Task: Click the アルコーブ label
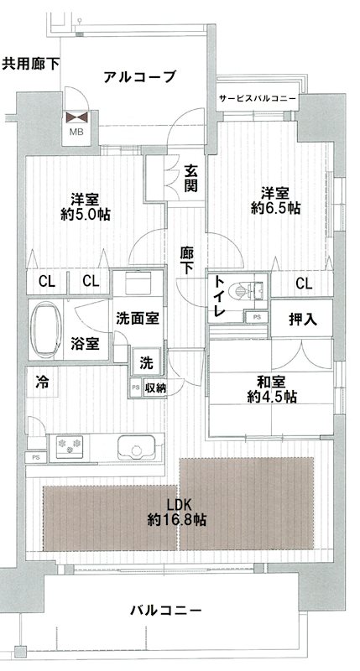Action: pos(140,77)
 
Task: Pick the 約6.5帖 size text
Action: pos(277,208)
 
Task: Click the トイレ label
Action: pos(221,296)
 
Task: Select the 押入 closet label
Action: pos(302,319)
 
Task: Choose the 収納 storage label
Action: pos(154,387)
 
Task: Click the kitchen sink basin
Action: pos(136,446)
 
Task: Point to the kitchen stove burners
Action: pos(70,446)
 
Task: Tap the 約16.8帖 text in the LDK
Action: pos(176,520)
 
